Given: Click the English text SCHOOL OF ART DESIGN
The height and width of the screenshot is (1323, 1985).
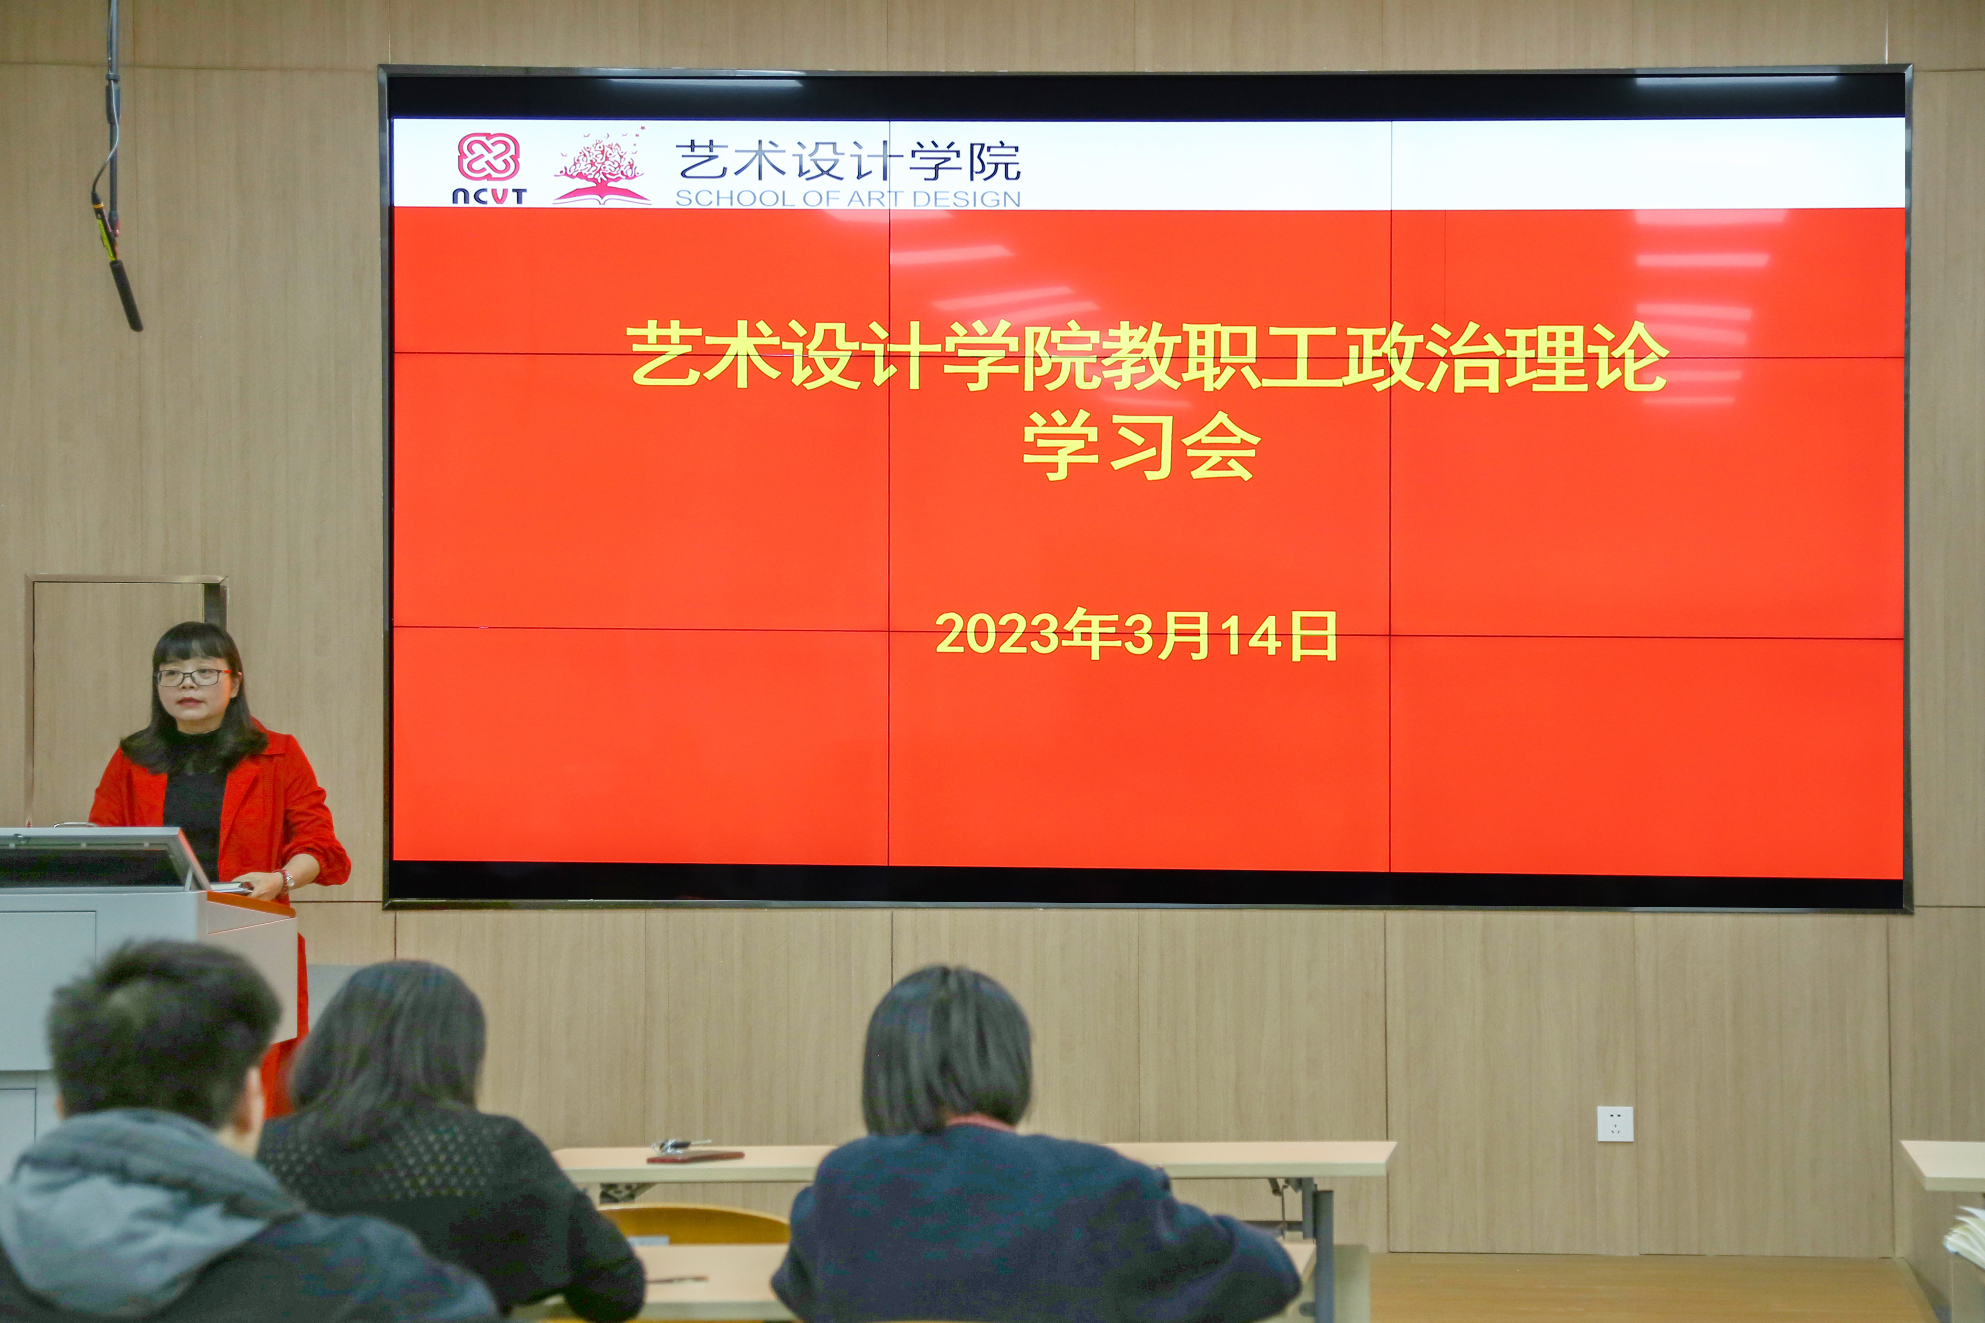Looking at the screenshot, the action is coord(847,199).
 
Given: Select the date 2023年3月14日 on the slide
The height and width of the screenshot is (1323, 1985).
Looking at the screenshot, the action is coord(1135,635).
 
